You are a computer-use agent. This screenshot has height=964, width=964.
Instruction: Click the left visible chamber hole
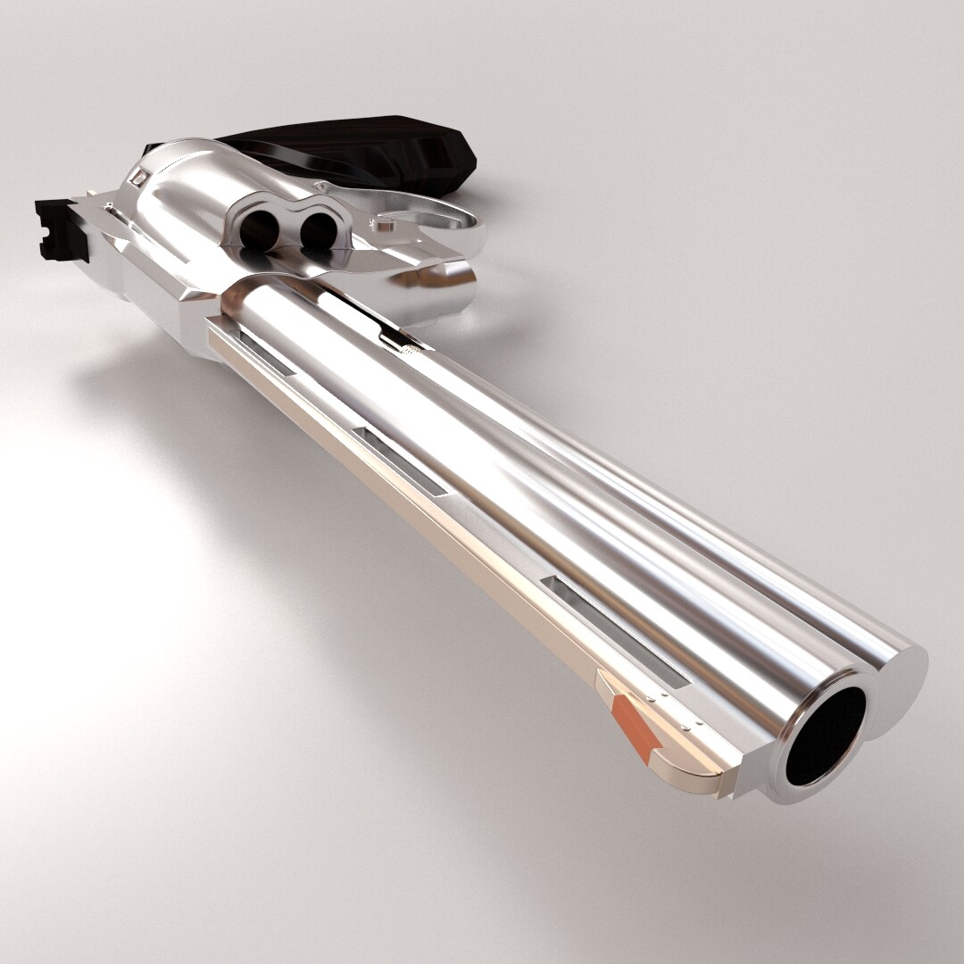[260, 231]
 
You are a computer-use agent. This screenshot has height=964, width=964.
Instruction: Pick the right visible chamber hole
[317, 230]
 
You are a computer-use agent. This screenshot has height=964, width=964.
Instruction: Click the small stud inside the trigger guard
[385, 225]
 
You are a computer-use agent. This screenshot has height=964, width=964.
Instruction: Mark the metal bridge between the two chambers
[288, 230]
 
